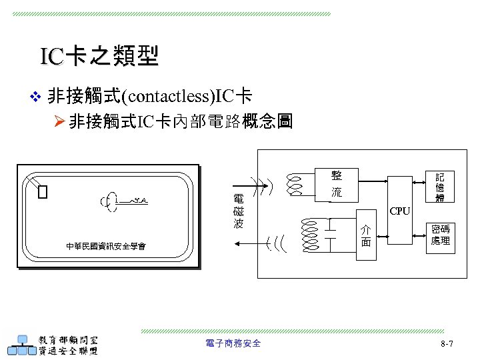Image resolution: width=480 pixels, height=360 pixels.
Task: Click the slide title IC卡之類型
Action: click(x=99, y=57)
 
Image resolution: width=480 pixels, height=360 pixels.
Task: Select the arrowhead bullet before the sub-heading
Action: click(x=57, y=123)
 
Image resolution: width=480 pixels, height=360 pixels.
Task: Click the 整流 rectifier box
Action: click(x=337, y=184)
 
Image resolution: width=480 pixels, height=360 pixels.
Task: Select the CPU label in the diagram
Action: click(x=400, y=211)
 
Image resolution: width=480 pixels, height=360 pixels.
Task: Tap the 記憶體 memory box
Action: click(x=440, y=187)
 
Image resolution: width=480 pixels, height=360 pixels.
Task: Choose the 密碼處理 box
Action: click(x=440, y=234)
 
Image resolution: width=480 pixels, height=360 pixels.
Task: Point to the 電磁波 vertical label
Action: click(x=238, y=211)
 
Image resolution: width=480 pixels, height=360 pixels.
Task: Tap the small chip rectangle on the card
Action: click(x=43, y=193)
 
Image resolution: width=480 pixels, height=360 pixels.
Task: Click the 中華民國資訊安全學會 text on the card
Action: click(x=106, y=247)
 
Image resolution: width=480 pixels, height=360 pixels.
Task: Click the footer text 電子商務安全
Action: click(x=233, y=343)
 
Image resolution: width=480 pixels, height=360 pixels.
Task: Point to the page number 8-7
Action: click(x=447, y=343)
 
